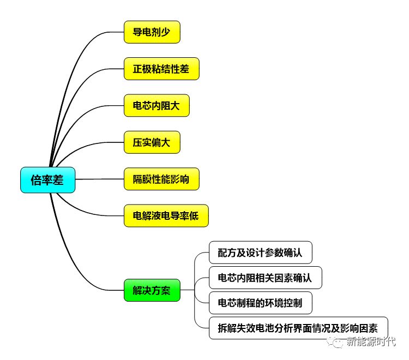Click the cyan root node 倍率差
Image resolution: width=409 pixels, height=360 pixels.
pyautogui.click(x=47, y=181)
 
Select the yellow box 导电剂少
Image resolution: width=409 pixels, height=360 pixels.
pyautogui.click(x=152, y=32)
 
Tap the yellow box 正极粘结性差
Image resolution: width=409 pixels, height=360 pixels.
pyautogui.click(x=161, y=69)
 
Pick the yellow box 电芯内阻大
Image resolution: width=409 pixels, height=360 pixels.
pyautogui.click(x=157, y=105)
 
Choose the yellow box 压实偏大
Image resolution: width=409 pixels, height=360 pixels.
pyautogui.click(x=152, y=142)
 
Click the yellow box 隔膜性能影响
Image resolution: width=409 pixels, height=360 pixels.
pyautogui.click(x=161, y=179)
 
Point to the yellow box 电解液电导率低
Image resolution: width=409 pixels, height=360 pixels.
pyautogui.click(x=166, y=216)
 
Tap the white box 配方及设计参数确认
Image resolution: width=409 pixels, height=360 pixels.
pyautogui.click(x=260, y=253)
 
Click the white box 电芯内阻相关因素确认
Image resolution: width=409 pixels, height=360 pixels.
pyautogui.click(x=264, y=278)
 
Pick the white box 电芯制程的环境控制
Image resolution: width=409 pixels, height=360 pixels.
pyautogui.click(x=260, y=303)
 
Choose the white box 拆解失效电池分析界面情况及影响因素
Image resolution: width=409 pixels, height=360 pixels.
pyautogui.click(x=298, y=328)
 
